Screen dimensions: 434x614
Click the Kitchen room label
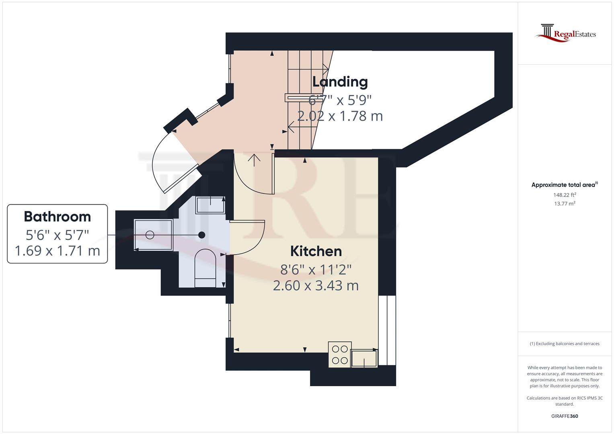(x=316, y=251)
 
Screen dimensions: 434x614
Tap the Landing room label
(x=340, y=82)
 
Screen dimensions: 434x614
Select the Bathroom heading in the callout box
(x=57, y=217)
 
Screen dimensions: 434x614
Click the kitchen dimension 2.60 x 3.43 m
(x=316, y=286)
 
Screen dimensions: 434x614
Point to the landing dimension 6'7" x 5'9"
(x=340, y=99)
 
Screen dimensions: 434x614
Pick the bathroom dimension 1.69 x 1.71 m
(x=57, y=251)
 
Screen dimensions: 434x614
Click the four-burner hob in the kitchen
(x=340, y=354)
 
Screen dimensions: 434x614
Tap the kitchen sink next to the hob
(x=364, y=358)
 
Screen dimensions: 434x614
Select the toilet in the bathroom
(x=205, y=268)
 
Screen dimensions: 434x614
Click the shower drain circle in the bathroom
(x=150, y=235)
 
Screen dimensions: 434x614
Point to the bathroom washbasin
(x=210, y=205)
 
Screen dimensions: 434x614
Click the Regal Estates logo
(x=565, y=33)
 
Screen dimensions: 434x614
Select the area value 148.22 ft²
(x=565, y=195)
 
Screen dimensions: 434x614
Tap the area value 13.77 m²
(x=565, y=204)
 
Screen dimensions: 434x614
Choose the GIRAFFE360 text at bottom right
(x=565, y=416)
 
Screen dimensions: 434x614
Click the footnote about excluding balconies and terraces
(x=565, y=344)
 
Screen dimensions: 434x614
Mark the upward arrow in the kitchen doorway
(x=254, y=160)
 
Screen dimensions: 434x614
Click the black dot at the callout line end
(x=202, y=235)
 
